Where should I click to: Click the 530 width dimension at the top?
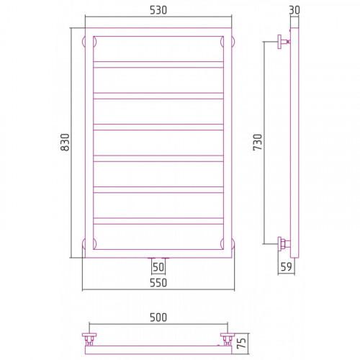point(158,10)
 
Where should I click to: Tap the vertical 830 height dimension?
point(65,142)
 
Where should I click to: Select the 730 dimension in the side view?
point(258,142)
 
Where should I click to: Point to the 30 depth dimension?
point(294,10)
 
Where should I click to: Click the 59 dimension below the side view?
point(286,266)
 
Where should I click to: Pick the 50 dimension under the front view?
point(158,267)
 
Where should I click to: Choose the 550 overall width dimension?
point(158,283)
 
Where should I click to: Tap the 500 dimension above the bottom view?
point(158,318)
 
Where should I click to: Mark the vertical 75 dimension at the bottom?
point(242,343)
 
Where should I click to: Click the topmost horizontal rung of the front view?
point(158,65)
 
